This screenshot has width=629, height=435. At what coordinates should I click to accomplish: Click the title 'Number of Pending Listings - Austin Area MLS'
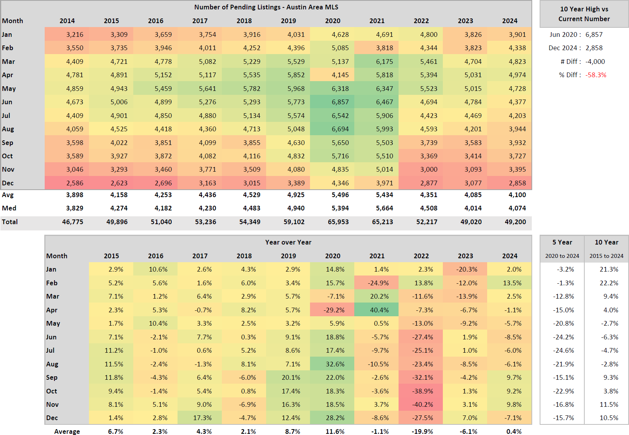click(x=266, y=7)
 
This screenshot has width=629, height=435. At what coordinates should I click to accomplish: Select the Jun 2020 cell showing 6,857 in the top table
click(x=340, y=102)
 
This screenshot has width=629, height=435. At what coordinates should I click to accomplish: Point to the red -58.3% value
click(x=596, y=75)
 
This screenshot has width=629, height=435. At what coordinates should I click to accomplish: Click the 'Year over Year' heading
click(x=288, y=242)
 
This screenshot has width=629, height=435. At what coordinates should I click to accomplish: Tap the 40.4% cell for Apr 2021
click(x=379, y=310)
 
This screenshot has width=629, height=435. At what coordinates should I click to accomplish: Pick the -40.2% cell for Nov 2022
click(x=423, y=404)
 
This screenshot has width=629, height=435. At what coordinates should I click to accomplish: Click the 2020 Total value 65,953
click(x=338, y=222)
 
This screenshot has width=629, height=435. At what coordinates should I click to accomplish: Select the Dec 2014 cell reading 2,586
click(x=74, y=183)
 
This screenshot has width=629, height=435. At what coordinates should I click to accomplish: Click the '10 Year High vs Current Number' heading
click(x=584, y=14)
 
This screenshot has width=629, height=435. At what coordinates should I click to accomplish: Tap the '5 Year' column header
click(x=562, y=242)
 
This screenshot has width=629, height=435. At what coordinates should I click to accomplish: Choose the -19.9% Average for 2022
click(x=422, y=431)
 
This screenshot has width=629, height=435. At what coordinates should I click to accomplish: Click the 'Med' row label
click(x=9, y=208)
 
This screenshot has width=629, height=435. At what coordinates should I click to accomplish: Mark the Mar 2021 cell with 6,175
click(x=384, y=62)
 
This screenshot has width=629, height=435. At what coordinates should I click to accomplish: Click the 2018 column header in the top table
click(x=244, y=21)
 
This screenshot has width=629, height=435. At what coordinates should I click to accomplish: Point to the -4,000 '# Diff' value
click(x=595, y=62)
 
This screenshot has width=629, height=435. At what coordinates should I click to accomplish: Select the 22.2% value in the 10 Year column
click(x=609, y=283)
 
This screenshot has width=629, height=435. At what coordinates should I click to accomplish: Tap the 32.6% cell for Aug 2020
click(x=335, y=364)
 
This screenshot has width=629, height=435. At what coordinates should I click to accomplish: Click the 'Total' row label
click(x=10, y=222)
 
